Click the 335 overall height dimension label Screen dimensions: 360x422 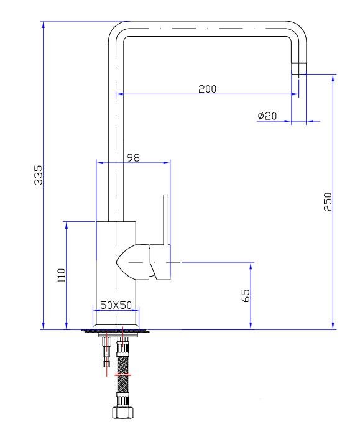point(38,175)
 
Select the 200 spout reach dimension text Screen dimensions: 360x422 point(207,89)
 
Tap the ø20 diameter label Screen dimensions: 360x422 point(267,116)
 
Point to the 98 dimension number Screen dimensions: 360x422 point(133,157)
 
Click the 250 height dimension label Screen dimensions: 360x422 point(328,201)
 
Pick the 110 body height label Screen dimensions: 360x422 point(62,275)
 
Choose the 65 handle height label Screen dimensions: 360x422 point(246,296)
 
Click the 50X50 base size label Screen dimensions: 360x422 point(116,305)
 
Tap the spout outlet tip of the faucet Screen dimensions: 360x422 point(299,68)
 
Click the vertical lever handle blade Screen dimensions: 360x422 point(166,220)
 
